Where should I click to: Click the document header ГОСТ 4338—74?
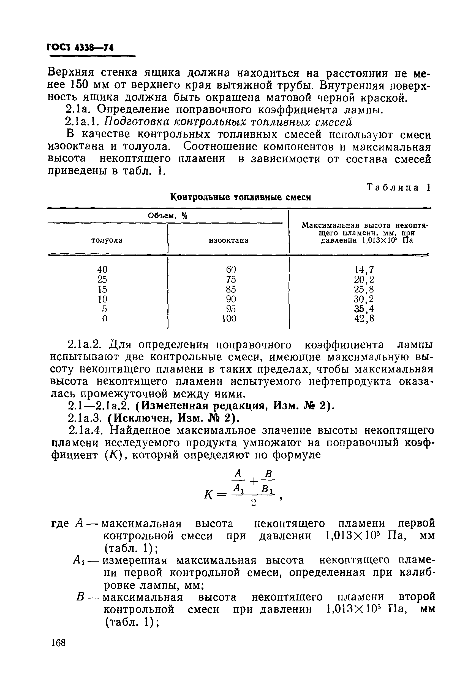click(80, 47)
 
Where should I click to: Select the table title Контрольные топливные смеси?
click(240, 197)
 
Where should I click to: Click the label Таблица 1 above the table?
click(399, 187)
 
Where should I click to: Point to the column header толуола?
click(107, 240)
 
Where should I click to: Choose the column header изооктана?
click(228, 240)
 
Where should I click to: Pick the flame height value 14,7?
click(364, 269)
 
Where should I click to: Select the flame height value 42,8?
click(364, 319)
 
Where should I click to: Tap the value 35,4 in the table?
click(364, 309)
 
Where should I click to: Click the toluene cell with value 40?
click(102, 269)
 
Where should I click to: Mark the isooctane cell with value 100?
click(229, 319)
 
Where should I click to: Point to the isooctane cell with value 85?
click(231, 289)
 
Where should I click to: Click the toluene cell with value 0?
click(105, 319)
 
